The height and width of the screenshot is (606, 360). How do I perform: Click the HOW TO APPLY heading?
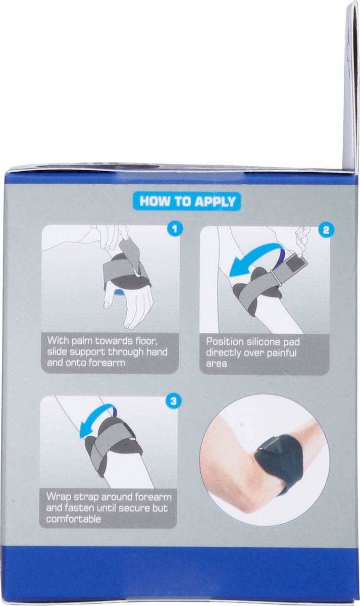(187, 201)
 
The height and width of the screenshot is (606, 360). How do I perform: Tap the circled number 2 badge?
(326, 230)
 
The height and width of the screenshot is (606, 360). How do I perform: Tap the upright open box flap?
(351, 86)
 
